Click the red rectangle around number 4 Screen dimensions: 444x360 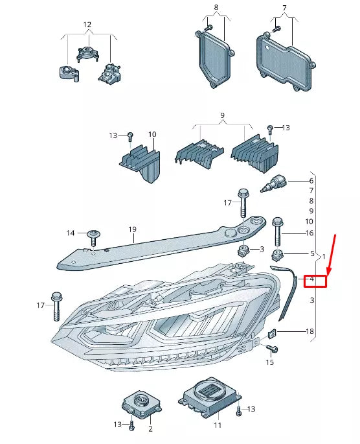tap(316, 280)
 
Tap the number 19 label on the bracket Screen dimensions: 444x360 tap(132, 229)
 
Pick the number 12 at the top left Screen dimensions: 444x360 tap(87, 25)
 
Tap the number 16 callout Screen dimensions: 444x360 tap(309, 233)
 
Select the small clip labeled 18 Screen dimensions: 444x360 tap(273, 334)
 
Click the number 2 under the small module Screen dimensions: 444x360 tap(150, 429)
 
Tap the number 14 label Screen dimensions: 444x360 tap(71, 233)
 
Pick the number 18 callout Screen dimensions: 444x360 tap(309, 331)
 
